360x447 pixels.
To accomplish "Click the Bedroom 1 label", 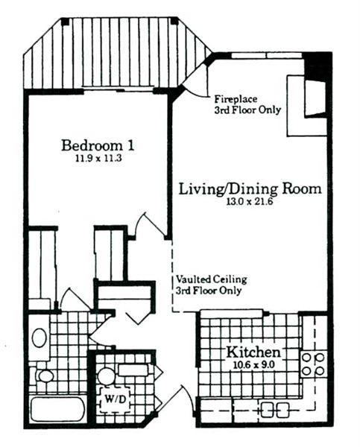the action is point(98,145).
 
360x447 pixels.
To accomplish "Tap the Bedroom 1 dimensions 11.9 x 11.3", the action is point(98,158).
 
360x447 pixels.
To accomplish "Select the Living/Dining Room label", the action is point(250,189).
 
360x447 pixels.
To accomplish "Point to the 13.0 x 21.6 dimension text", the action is point(250,202).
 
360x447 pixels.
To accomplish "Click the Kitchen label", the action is point(253,352).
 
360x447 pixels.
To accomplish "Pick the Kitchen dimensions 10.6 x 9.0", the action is point(254,365).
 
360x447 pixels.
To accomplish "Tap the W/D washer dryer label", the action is point(116,399).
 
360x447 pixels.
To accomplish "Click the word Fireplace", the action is point(236,99).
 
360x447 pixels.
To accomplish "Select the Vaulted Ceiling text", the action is point(211,279).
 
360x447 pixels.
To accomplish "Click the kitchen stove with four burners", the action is point(313,364).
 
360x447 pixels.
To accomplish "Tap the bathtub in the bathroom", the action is point(57,410).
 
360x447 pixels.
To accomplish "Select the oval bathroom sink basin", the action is point(39,337).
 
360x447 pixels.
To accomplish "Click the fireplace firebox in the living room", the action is point(315,98).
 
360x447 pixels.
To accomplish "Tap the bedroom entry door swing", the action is point(148,226).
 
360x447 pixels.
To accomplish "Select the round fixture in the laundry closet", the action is point(106,375).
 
